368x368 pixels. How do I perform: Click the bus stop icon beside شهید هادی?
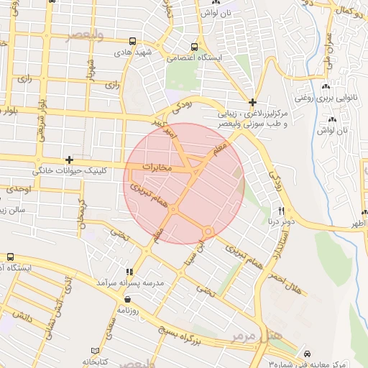pos(132,42)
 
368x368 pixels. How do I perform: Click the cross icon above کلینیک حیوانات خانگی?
pos(69,160)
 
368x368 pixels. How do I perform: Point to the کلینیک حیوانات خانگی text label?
pos(63,172)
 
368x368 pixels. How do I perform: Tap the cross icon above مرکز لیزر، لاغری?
pos(252,102)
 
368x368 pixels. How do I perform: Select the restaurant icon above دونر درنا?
pos(281,211)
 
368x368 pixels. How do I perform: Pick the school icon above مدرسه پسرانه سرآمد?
pos(129,272)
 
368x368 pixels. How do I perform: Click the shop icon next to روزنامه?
pos(127,299)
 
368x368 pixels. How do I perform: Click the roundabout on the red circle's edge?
pos(208,231)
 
